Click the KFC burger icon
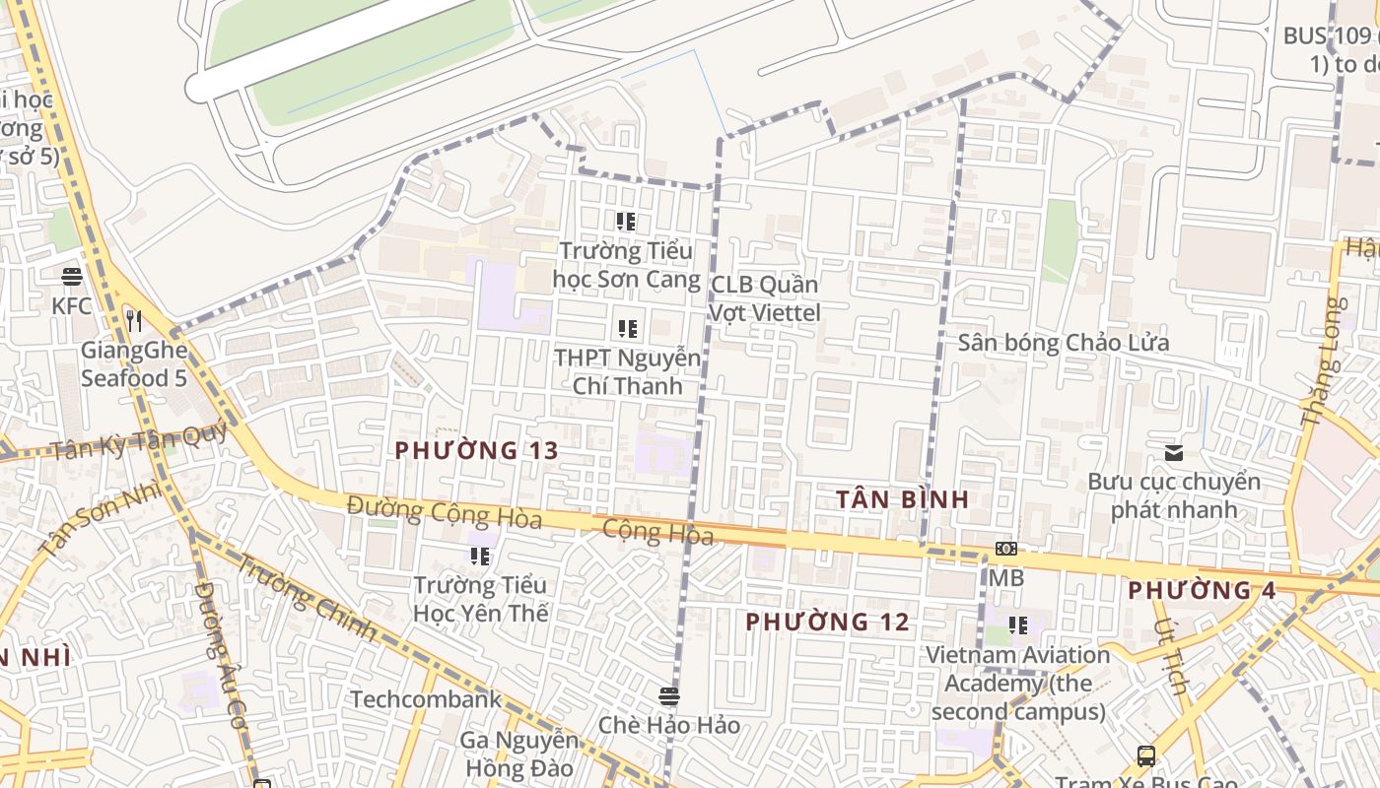click(72, 277)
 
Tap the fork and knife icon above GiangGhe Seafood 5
click(134, 321)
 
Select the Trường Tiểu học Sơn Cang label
click(626, 265)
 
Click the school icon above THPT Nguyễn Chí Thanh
click(627, 329)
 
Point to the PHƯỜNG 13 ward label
click(477, 451)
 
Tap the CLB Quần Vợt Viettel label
click(765, 298)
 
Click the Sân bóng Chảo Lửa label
click(1064, 343)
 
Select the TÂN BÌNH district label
click(903, 499)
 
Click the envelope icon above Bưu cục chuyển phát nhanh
click(1174, 453)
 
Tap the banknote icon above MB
click(1006, 550)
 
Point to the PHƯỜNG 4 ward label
click(1202, 591)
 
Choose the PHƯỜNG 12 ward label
click(827, 623)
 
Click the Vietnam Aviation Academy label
click(1017, 683)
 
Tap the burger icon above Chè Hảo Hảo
click(669, 697)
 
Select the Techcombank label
click(426, 699)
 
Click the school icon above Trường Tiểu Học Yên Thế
click(480, 557)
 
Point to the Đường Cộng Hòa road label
click(444, 512)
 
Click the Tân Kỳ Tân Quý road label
click(138, 442)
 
